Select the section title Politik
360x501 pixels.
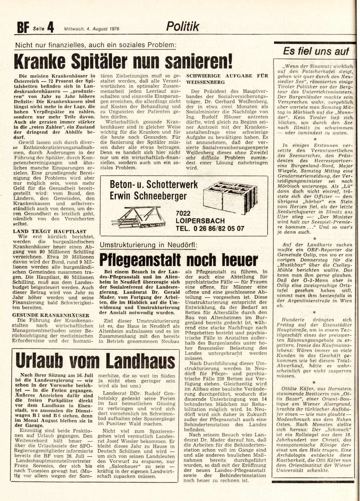tap(183, 26)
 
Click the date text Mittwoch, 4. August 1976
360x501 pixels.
tap(93, 28)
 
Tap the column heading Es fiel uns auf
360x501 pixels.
tap(316, 51)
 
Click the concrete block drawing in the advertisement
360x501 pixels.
tap(230, 198)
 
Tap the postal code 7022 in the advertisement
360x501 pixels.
tap(183, 213)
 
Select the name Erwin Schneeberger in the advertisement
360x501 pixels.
tap(148, 196)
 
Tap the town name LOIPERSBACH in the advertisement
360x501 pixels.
tap(200, 221)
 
